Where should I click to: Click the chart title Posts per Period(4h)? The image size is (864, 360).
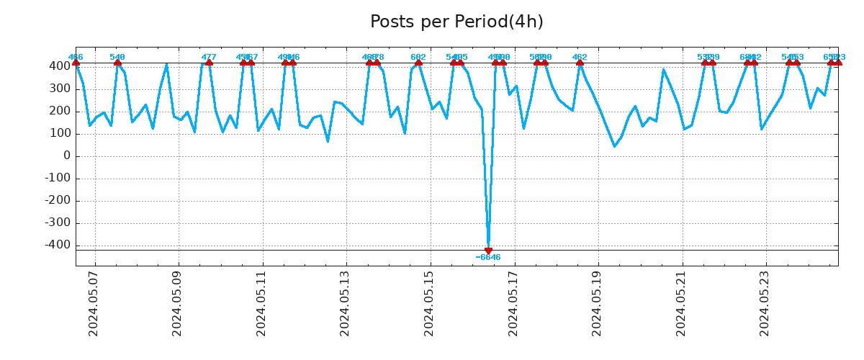(x=456, y=22)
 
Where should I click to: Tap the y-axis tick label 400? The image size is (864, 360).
(x=60, y=66)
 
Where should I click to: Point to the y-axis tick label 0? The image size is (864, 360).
(x=67, y=156)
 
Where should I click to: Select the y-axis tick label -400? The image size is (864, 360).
(x=58, y=246)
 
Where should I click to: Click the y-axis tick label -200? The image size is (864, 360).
(x=58, y=201)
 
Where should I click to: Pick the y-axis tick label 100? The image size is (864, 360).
(x=60, y=134)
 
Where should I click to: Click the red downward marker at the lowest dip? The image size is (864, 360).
(x=488, y=251)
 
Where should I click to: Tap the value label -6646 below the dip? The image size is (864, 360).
(x=488, y=258)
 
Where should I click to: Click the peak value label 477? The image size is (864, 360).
(x=209, y=57)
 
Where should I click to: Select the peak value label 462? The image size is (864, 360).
(x=580, y=57)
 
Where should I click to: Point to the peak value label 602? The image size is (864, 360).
(x=418, y=57)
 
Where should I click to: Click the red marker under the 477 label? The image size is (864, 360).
(x=209, y=63)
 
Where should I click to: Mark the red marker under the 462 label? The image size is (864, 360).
(x=580, y=63)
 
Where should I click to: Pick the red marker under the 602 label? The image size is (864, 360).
(x=418, y=63)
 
